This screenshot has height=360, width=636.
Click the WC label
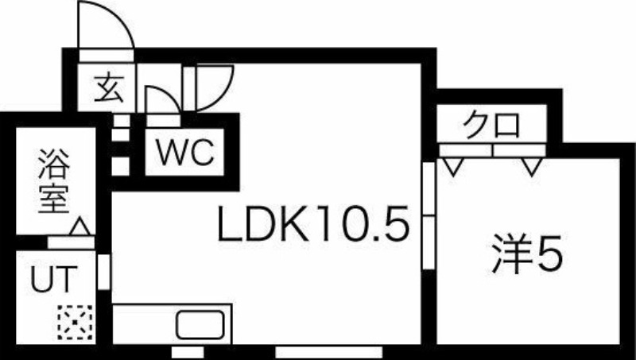click(184, 151)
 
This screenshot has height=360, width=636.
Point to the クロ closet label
click(492, 126)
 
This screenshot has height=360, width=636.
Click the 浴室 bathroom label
click(52, 183)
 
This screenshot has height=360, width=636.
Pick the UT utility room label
click(53, 280)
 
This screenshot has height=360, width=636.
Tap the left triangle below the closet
click(454, 166)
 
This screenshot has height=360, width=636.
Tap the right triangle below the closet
click(531, 166)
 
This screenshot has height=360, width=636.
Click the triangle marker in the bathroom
click(79, 226)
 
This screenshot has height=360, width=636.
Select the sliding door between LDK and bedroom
click(429, 215)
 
